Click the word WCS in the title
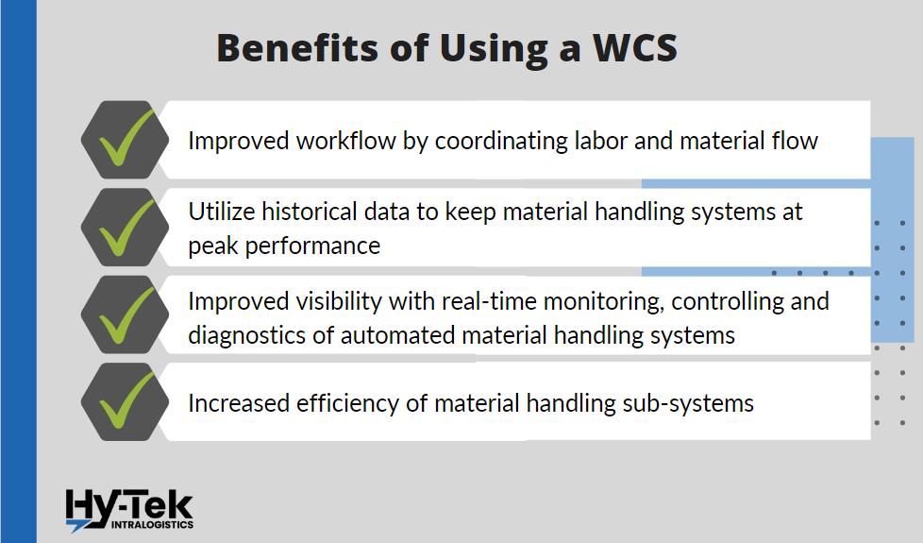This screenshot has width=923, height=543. point(635,48)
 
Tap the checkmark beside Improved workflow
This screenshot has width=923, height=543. point(126,138)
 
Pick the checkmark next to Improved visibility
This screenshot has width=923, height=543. point(126,314)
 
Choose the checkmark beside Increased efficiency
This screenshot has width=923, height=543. point(126,400)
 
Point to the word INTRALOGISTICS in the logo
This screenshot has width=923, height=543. point(153,525)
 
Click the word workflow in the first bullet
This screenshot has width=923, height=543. point(346,141)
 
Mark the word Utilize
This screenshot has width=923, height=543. point(222,212)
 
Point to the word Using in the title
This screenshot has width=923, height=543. point(494,49)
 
